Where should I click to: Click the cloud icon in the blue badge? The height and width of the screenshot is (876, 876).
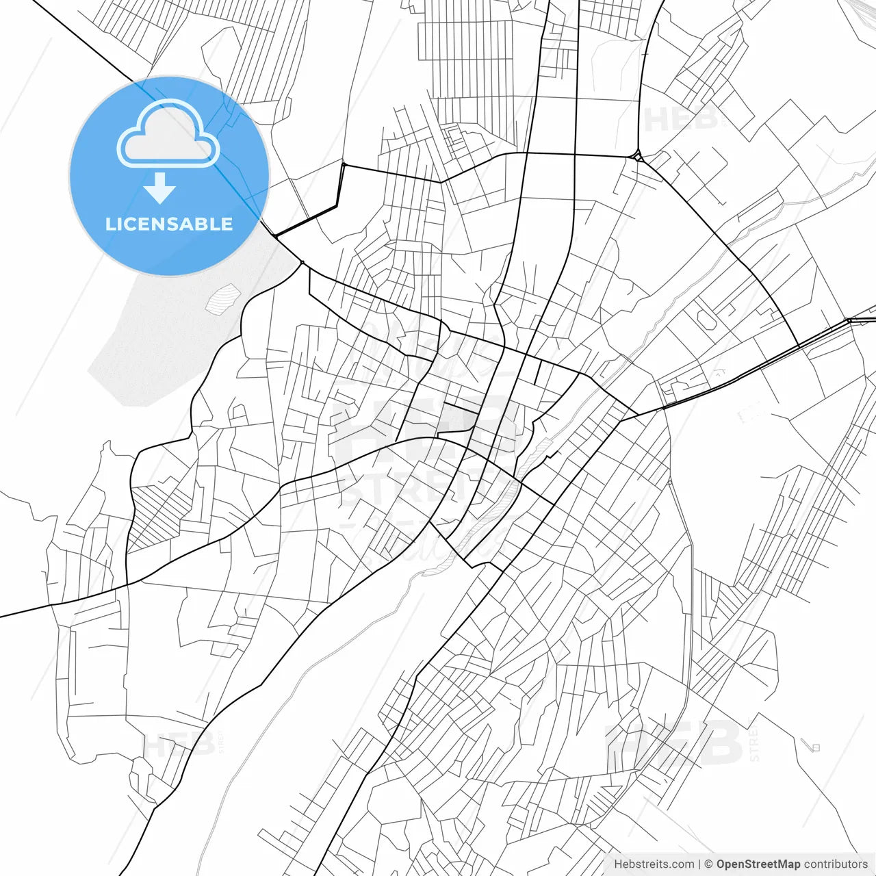point(168,133)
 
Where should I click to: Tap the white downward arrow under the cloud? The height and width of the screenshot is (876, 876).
point(160,188)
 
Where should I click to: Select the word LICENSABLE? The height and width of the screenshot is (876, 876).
point(169,224)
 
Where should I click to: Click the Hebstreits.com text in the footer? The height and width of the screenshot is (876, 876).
point(654,864)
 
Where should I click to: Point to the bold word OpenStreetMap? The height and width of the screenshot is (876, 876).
point(758,864)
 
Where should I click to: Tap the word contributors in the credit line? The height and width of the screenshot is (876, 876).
point(836,864)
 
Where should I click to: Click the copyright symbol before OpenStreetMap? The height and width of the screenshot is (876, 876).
point(708,864)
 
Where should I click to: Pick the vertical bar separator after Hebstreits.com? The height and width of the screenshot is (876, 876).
point(699,864)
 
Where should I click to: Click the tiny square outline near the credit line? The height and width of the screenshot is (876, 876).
point(815,747)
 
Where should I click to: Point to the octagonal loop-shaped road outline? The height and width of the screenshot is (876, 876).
point(705,317)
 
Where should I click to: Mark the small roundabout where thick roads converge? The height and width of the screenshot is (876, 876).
point(637,157)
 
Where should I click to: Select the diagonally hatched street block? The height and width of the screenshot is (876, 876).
point(159,517)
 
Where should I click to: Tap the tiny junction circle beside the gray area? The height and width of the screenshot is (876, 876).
point(302,262)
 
